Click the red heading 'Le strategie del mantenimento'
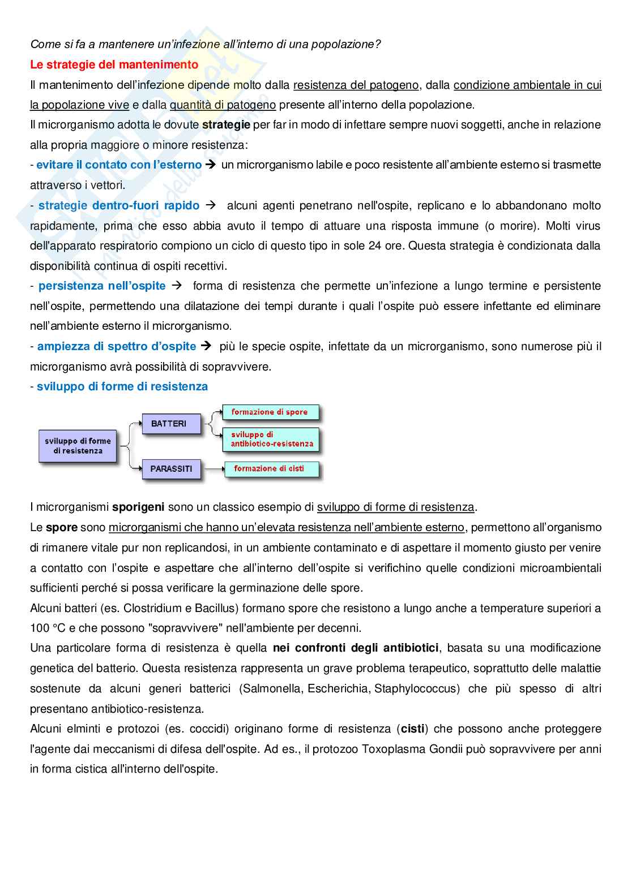tap(114, 64)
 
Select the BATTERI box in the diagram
tap(169, 424)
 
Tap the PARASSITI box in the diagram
tap(171, 469)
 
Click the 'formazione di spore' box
tap(270, 412)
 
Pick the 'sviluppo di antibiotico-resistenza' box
tap(271, 439)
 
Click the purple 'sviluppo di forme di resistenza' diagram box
tap(78, 446)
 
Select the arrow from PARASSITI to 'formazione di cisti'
tap(212, 469)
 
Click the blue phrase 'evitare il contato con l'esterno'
tap(119, 165)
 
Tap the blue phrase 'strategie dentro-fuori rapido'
tap(119, 205)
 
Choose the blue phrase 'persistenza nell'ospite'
tap(102, 286)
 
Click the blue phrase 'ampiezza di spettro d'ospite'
tap(117, 346)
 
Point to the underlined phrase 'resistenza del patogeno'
tap(356, 85)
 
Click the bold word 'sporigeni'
tap(138, 507)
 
